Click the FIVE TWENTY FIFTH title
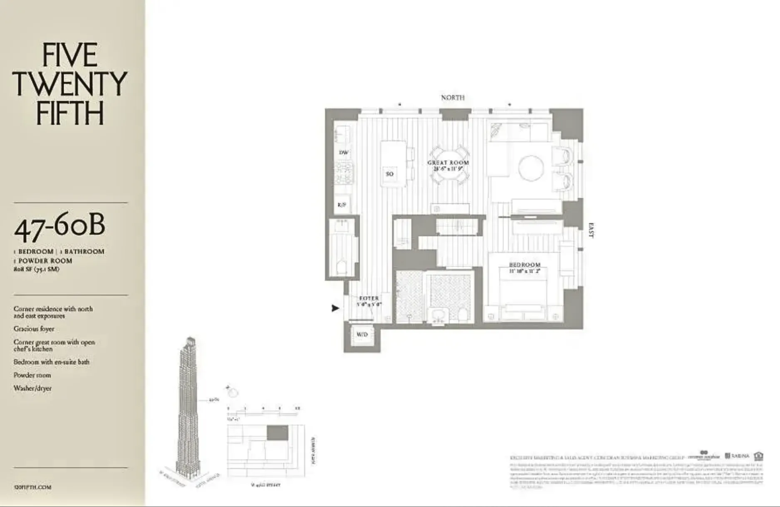coord(69,84)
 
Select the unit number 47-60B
coord(59,228)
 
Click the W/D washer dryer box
coord(362,335)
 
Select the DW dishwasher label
coord(343,153)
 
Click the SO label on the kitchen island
coord(389,174)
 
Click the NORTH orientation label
coord(453,98)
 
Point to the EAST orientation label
coord(591,230)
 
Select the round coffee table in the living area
coord(531,168)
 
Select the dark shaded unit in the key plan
coord(277,433)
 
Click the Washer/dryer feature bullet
coord(32,388)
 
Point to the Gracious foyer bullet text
coord(34,329)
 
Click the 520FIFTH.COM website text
coord(32,487)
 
